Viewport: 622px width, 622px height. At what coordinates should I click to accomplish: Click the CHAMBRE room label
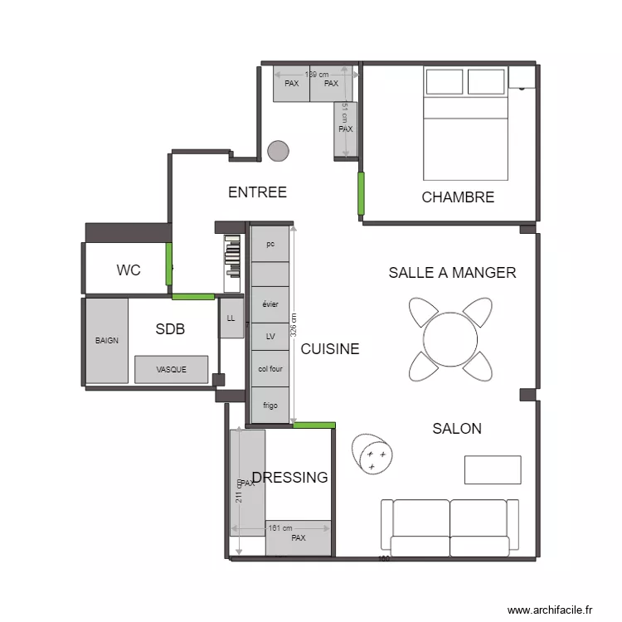[x=458, y=197]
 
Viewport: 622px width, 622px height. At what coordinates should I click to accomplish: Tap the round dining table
[x=450, y=338]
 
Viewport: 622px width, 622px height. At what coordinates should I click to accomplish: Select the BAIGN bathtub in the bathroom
[x=107, y=341]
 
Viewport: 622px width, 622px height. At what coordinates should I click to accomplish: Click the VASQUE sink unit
[x=171, y=370]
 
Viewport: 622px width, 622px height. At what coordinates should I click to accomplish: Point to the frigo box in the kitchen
[x=270, y=406]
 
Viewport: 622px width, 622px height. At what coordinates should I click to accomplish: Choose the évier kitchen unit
[x=270, y=304]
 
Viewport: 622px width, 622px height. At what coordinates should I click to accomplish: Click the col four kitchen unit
[x=270, y=368]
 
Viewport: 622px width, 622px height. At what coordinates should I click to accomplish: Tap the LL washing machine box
[x=231, y=318]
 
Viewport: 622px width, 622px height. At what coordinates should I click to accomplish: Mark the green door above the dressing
[x=314, y=425]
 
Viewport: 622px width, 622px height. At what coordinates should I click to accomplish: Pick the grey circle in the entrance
[x=278, y=151]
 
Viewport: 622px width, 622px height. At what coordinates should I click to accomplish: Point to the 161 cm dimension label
[x=279, y=528]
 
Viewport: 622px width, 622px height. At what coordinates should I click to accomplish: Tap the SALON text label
[x=457, y=429]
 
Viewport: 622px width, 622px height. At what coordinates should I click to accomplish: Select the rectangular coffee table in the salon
[x=492, y=469]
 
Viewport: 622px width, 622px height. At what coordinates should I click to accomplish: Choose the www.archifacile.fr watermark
[x=551, y=610]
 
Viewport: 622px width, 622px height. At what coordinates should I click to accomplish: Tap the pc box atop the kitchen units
[x=270, y=244]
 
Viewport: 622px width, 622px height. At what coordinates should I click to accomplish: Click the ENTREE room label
[x=257, y=192]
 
